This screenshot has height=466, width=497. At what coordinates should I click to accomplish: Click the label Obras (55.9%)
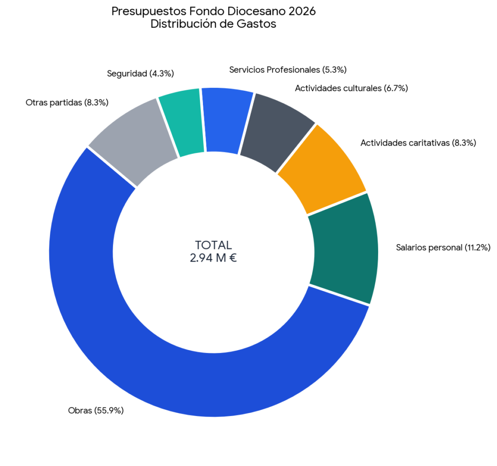(x=96, y=411)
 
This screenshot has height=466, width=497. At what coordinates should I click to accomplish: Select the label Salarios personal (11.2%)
(x=443, y=248)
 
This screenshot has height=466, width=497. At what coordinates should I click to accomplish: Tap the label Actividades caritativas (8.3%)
(x=418, y=143)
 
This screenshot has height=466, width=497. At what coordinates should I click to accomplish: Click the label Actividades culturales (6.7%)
(x=351, y=88)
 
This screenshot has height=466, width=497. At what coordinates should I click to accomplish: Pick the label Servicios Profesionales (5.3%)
(x=288, y=70)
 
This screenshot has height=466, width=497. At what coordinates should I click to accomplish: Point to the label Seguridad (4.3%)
(x=140, y=74)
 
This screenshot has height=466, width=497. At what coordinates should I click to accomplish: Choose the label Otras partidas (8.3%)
(x=67, y=103)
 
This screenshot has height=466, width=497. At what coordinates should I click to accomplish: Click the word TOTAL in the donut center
(x=214, y=245)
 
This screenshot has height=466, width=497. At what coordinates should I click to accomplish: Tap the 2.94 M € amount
(x=214, y=258)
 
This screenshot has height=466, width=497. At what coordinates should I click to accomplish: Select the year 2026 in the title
(x=302, y=12)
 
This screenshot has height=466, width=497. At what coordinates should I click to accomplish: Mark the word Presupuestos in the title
(x=149, y=12)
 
